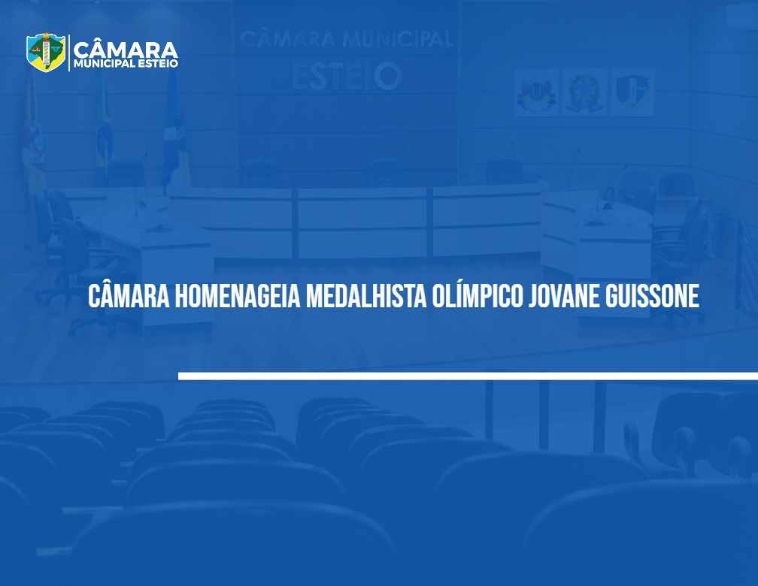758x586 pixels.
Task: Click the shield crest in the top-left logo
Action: click(46, 52)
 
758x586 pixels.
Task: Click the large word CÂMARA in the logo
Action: click(126, 50)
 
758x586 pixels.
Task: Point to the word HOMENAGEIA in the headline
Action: click(238, 296)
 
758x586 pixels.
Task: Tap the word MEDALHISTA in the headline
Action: click(366, 296)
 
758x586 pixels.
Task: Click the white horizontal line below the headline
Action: click(468, 376)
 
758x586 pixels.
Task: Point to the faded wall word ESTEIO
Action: click(347, 77)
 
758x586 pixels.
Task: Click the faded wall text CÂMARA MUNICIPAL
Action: click(346, 38)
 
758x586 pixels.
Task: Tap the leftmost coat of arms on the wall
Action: click(536, 92)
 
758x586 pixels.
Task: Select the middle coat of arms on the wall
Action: click(584, 92)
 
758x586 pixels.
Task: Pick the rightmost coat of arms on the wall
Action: click(632, 92)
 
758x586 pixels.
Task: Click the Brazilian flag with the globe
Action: click(103, 131)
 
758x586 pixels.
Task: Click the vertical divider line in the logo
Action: click(69, 53)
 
